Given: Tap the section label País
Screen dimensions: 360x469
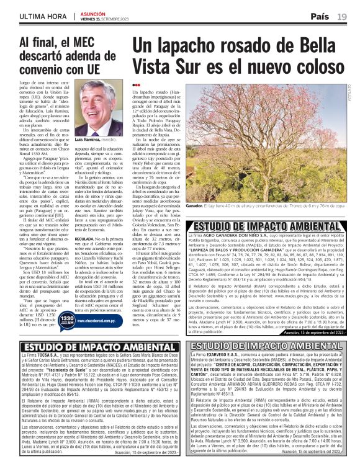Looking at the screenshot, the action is (320, 16).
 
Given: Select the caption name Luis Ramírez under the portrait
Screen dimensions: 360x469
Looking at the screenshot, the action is (88, 141).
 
